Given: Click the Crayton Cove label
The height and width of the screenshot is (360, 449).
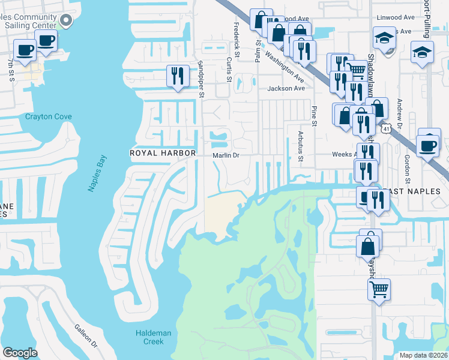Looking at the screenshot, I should point(49,116).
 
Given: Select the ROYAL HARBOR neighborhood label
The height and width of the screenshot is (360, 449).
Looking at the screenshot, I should point(163,153).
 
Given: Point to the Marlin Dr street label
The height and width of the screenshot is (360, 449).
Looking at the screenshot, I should point(226,155).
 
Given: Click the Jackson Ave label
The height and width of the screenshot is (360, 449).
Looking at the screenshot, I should point(286,88).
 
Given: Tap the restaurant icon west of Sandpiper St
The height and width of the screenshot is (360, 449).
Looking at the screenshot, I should point(177,76).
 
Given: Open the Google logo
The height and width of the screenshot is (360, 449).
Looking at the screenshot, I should point(20,353).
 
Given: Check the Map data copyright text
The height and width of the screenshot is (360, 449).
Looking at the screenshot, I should point(423,355).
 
